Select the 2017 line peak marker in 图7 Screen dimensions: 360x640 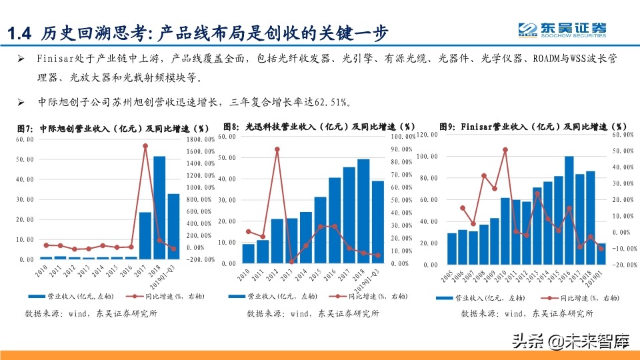click(x=145, y=146)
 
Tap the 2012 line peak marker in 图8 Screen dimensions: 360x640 click(x=277, y=149)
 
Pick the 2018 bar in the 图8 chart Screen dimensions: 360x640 click(x=363, y=211)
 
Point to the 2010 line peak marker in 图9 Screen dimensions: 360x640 click(x=505, y=150)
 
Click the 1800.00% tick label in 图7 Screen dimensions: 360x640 click(x=199, y=139)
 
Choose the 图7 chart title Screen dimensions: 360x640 click(x=113, y=127)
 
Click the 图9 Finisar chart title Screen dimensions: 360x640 click(x=533, y=126)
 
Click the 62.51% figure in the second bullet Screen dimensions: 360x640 click(x=330, y=102)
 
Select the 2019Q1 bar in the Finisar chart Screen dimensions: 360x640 click(x=601, y=253)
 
